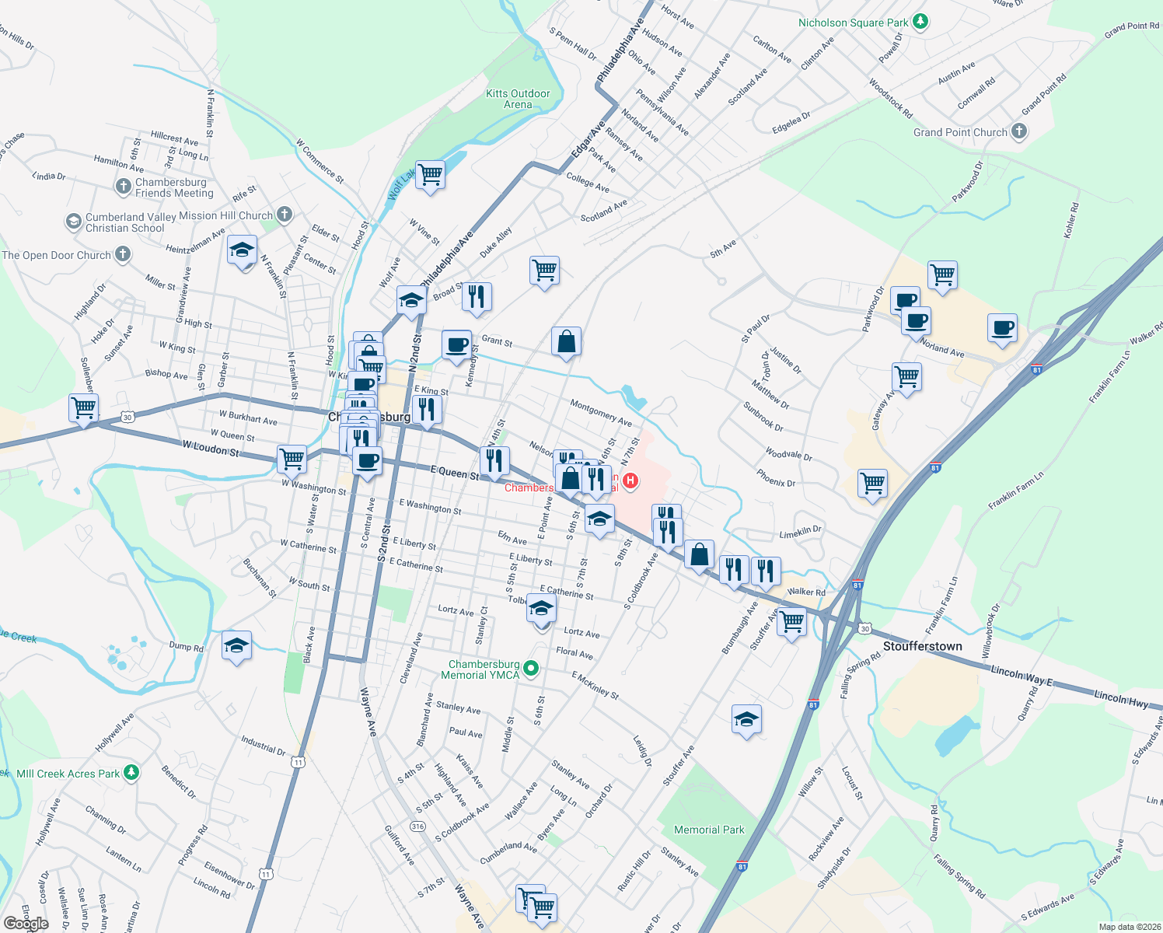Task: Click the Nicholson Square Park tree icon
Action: pos(920,22)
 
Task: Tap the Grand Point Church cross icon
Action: pos(1018,132)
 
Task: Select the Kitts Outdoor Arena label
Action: pos(518,99)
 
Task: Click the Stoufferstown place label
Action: pos(922,646)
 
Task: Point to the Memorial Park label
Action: pos(709,830)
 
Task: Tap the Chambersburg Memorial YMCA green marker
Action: pos(531,668)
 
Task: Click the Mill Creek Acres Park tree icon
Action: pos(131,772)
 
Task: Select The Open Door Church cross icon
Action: pos(122,254)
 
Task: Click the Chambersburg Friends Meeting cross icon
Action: pos(123,187)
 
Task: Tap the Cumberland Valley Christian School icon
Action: pos(73,222)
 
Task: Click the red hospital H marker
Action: pos(630,481)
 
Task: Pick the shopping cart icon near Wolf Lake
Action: pos(430,174)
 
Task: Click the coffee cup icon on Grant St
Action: pos(456,344)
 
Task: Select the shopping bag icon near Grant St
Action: pos(567,341)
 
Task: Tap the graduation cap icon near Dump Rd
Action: pos(236,645)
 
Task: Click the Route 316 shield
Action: pos(418,826)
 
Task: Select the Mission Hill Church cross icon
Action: pos(285,214)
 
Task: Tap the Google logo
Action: pos(26,924)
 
